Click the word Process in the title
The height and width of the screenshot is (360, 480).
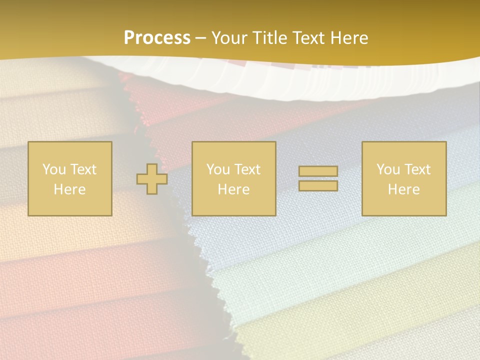pos(157,38)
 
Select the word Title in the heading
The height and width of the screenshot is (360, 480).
pos(270,38)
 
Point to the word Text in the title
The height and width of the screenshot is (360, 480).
pos(311,38)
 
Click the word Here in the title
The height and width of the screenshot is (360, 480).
pos(350,38)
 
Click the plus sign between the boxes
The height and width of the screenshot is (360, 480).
pos(152,178)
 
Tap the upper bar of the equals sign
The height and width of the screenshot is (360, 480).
pos(318,171)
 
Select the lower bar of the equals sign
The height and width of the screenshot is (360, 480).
pos(318,185)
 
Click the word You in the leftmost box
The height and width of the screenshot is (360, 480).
pos(54,169)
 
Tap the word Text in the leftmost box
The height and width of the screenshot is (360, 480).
pos(83,169)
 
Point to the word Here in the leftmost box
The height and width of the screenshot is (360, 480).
pos(70,189)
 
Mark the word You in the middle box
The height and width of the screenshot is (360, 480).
pos(218,169)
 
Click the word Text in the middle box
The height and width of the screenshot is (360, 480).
pos(247,169)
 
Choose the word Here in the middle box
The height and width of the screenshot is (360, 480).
pos(234,189)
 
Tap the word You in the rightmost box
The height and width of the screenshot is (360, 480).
pos(388,169)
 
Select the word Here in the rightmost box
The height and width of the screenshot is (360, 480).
pos(404,189)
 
